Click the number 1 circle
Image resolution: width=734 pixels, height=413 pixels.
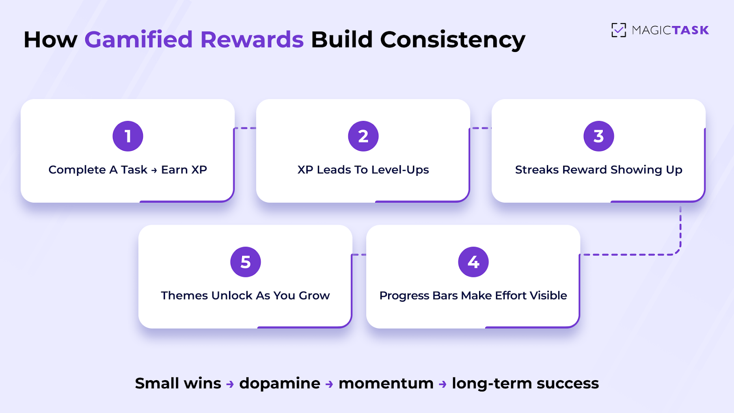(128, 136)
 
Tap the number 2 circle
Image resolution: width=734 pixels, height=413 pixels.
(363, 136)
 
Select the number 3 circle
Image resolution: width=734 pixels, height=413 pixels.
(599, 136)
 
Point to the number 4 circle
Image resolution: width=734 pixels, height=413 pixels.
(473, 262)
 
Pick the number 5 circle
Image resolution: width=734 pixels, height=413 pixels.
(246, 262)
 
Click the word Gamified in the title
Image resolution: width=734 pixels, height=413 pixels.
(138, 40)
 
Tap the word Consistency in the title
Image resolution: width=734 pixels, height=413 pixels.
(452, 40)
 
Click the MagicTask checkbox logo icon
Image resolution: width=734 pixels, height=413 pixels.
(619, 30)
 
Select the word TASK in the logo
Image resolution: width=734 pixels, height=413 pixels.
(690, 30)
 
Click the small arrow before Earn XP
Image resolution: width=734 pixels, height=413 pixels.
(154, 171)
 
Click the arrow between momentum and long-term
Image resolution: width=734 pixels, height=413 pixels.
(443, 384)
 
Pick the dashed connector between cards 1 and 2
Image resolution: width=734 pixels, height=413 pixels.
(246, 128)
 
